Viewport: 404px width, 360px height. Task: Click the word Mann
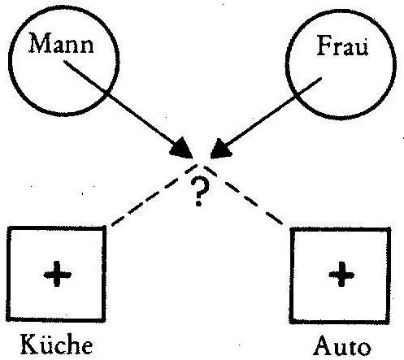tap(61, 43)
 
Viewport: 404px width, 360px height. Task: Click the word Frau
tap(342, 46)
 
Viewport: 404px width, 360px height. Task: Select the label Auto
tap(342, 346)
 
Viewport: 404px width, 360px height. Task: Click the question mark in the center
tap(200, 191)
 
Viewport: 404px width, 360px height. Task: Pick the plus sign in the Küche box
tap(57, 274)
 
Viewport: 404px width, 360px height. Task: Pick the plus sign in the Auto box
tap(341, 274)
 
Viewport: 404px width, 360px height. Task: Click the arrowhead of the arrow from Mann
tap(181, 149)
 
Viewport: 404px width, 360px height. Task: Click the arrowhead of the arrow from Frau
tap(221, 149)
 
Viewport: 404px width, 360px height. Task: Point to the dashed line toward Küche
tap(154, 194)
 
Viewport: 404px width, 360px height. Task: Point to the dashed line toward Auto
tap(243, 195)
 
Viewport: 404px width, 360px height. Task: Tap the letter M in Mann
tap(39, 43)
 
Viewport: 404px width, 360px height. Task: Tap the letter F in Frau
tap(324, 46)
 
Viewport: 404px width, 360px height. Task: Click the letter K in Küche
tap(30, 344)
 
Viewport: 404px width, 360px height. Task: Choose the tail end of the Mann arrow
tap(64, 61)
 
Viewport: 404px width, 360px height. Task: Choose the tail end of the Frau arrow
tap(321, 78)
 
